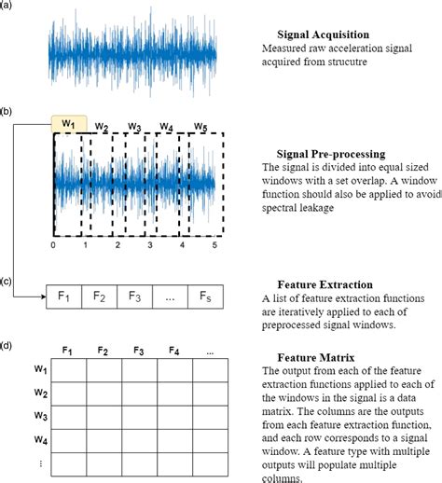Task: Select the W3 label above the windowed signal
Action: pos(134,126)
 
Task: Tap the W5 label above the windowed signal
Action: pos(200,126)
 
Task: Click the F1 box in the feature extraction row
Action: pos(65,297)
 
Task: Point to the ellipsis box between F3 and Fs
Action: pos(172,297)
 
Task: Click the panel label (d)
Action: pos(7,346)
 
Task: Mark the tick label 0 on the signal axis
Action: pos(53,246)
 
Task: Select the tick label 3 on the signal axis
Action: pos(149,246)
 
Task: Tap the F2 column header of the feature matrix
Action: pos(104,351)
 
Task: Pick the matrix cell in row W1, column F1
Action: pos(68,371)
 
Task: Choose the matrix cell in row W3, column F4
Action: pos(174,415)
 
